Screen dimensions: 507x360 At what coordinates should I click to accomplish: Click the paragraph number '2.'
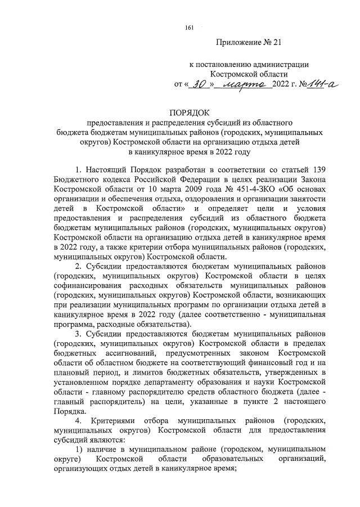tap(79, 266)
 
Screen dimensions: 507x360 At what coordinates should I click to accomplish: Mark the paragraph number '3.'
tap(79, 335)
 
